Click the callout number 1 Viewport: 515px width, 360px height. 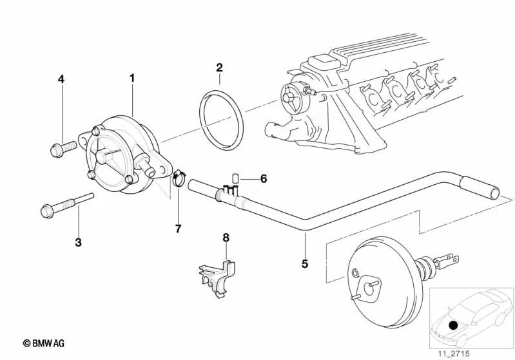(132, 78)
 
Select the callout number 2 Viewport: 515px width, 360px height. (219, 67)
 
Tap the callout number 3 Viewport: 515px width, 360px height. (79, 242)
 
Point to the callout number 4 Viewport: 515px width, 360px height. (61, 79)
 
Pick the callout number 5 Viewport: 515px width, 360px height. (304, 263)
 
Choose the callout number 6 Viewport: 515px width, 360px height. (263, 178)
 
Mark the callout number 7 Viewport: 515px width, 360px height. (179, 228)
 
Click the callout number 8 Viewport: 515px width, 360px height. (226, 238)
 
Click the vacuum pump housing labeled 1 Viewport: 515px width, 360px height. (121, 155)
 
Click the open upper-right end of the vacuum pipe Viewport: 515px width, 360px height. (494, 192)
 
